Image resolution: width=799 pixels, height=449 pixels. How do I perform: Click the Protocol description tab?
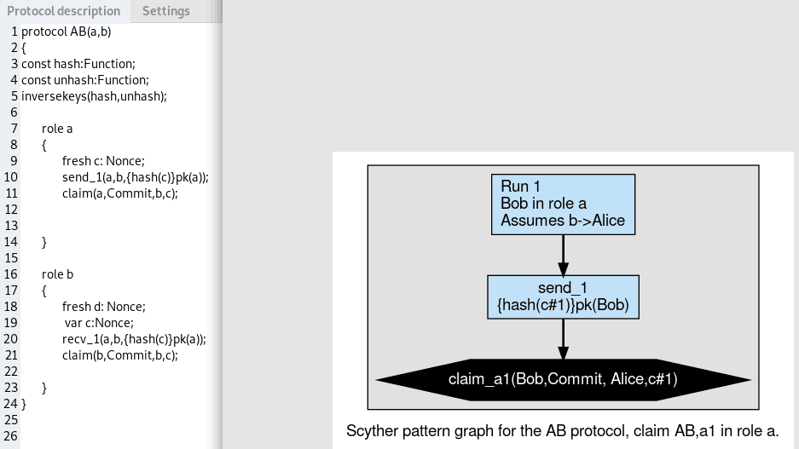click(x=63, y=11)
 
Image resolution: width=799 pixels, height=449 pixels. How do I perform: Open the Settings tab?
click(x=165, y=11)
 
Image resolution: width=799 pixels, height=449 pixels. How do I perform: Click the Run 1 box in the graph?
click(x=563, y=204)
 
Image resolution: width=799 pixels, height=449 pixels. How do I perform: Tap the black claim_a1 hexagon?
click(x=563, y=379)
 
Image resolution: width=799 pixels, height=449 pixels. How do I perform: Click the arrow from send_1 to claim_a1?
click(x=563, y=339)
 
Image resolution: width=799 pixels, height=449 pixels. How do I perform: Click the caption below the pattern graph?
click(x=562, y=431)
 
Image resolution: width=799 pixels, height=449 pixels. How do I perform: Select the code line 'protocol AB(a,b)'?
click(x=67, y=32)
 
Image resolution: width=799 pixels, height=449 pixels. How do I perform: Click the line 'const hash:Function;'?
click(x=78, y=64)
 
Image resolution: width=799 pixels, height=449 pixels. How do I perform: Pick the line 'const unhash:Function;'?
click(x=85, y=80)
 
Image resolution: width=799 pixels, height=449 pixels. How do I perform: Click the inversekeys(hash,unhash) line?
click(x=94, y=96)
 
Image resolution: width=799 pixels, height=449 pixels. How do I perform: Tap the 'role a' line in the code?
click(x=57, y=129)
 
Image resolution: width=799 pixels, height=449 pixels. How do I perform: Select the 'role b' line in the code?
click(x=57, y=274)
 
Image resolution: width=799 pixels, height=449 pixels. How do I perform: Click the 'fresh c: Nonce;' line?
click(x=103, y=161)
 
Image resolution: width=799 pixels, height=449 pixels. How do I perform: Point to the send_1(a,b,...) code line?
click(x=135, y=177)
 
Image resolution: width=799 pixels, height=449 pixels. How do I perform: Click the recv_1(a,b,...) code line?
click(x=134, y=339)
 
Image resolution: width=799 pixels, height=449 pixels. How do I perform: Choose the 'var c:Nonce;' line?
click(x=99, y=323)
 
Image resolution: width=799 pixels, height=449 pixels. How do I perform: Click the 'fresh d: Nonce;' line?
click(x=103, y=307)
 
